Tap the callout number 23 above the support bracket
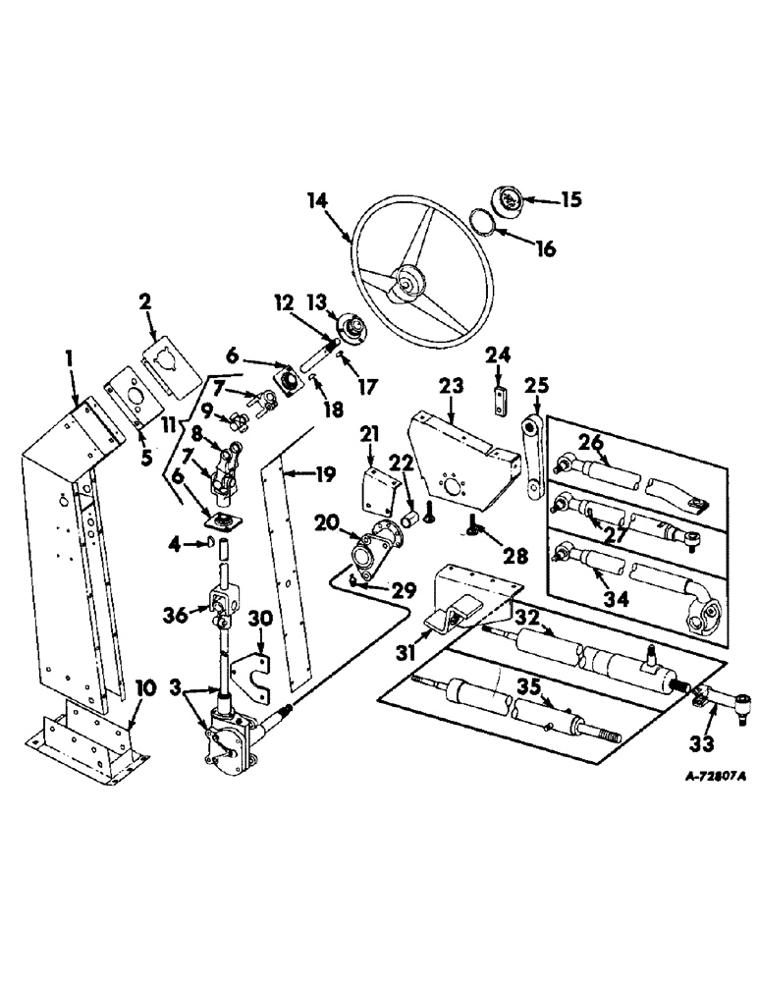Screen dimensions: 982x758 [453, 390]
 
